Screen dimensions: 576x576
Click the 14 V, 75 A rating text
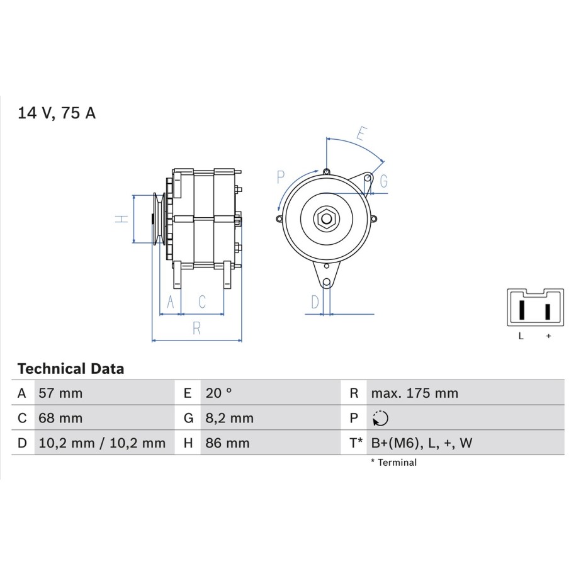coord(57,113)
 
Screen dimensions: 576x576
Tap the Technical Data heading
coord(71,369)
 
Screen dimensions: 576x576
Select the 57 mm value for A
coord(60,393)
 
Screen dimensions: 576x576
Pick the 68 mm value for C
coord(60,418)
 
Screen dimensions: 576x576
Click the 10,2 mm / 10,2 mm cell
coord(102,443)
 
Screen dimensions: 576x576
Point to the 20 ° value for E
coord(218,393)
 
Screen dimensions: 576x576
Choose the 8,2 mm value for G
coord(229,418)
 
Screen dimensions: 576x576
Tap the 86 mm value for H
coord(227,443)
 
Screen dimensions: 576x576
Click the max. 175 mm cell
coord(415,393)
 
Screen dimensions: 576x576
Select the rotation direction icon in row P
coord(380,418)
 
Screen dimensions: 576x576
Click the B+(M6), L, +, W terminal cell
coord(422,443)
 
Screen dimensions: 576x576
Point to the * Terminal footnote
coord(394,463)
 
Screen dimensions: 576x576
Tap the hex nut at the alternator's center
coord(326,219)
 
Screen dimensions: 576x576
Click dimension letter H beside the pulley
coord(121,219)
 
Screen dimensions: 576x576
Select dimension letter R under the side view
coord(196,328)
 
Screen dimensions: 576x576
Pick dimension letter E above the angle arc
coord(362,133)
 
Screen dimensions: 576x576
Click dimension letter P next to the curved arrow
coord(281,177)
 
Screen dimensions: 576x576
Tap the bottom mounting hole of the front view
coord(327,283)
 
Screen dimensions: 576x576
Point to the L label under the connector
coord(521,336)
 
